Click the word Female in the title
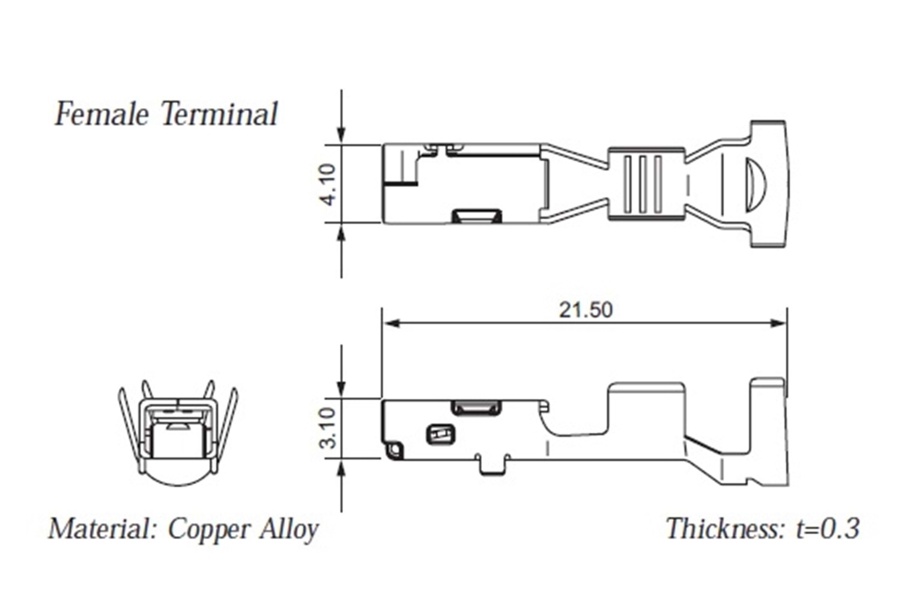[x=102, y=114]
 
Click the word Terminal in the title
[x=219, y=114]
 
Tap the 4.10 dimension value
[x=329, y=185]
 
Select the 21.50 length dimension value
[x=586, y=310]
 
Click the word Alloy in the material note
[x=289, y=529]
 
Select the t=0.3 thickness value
[x=828, y=528]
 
